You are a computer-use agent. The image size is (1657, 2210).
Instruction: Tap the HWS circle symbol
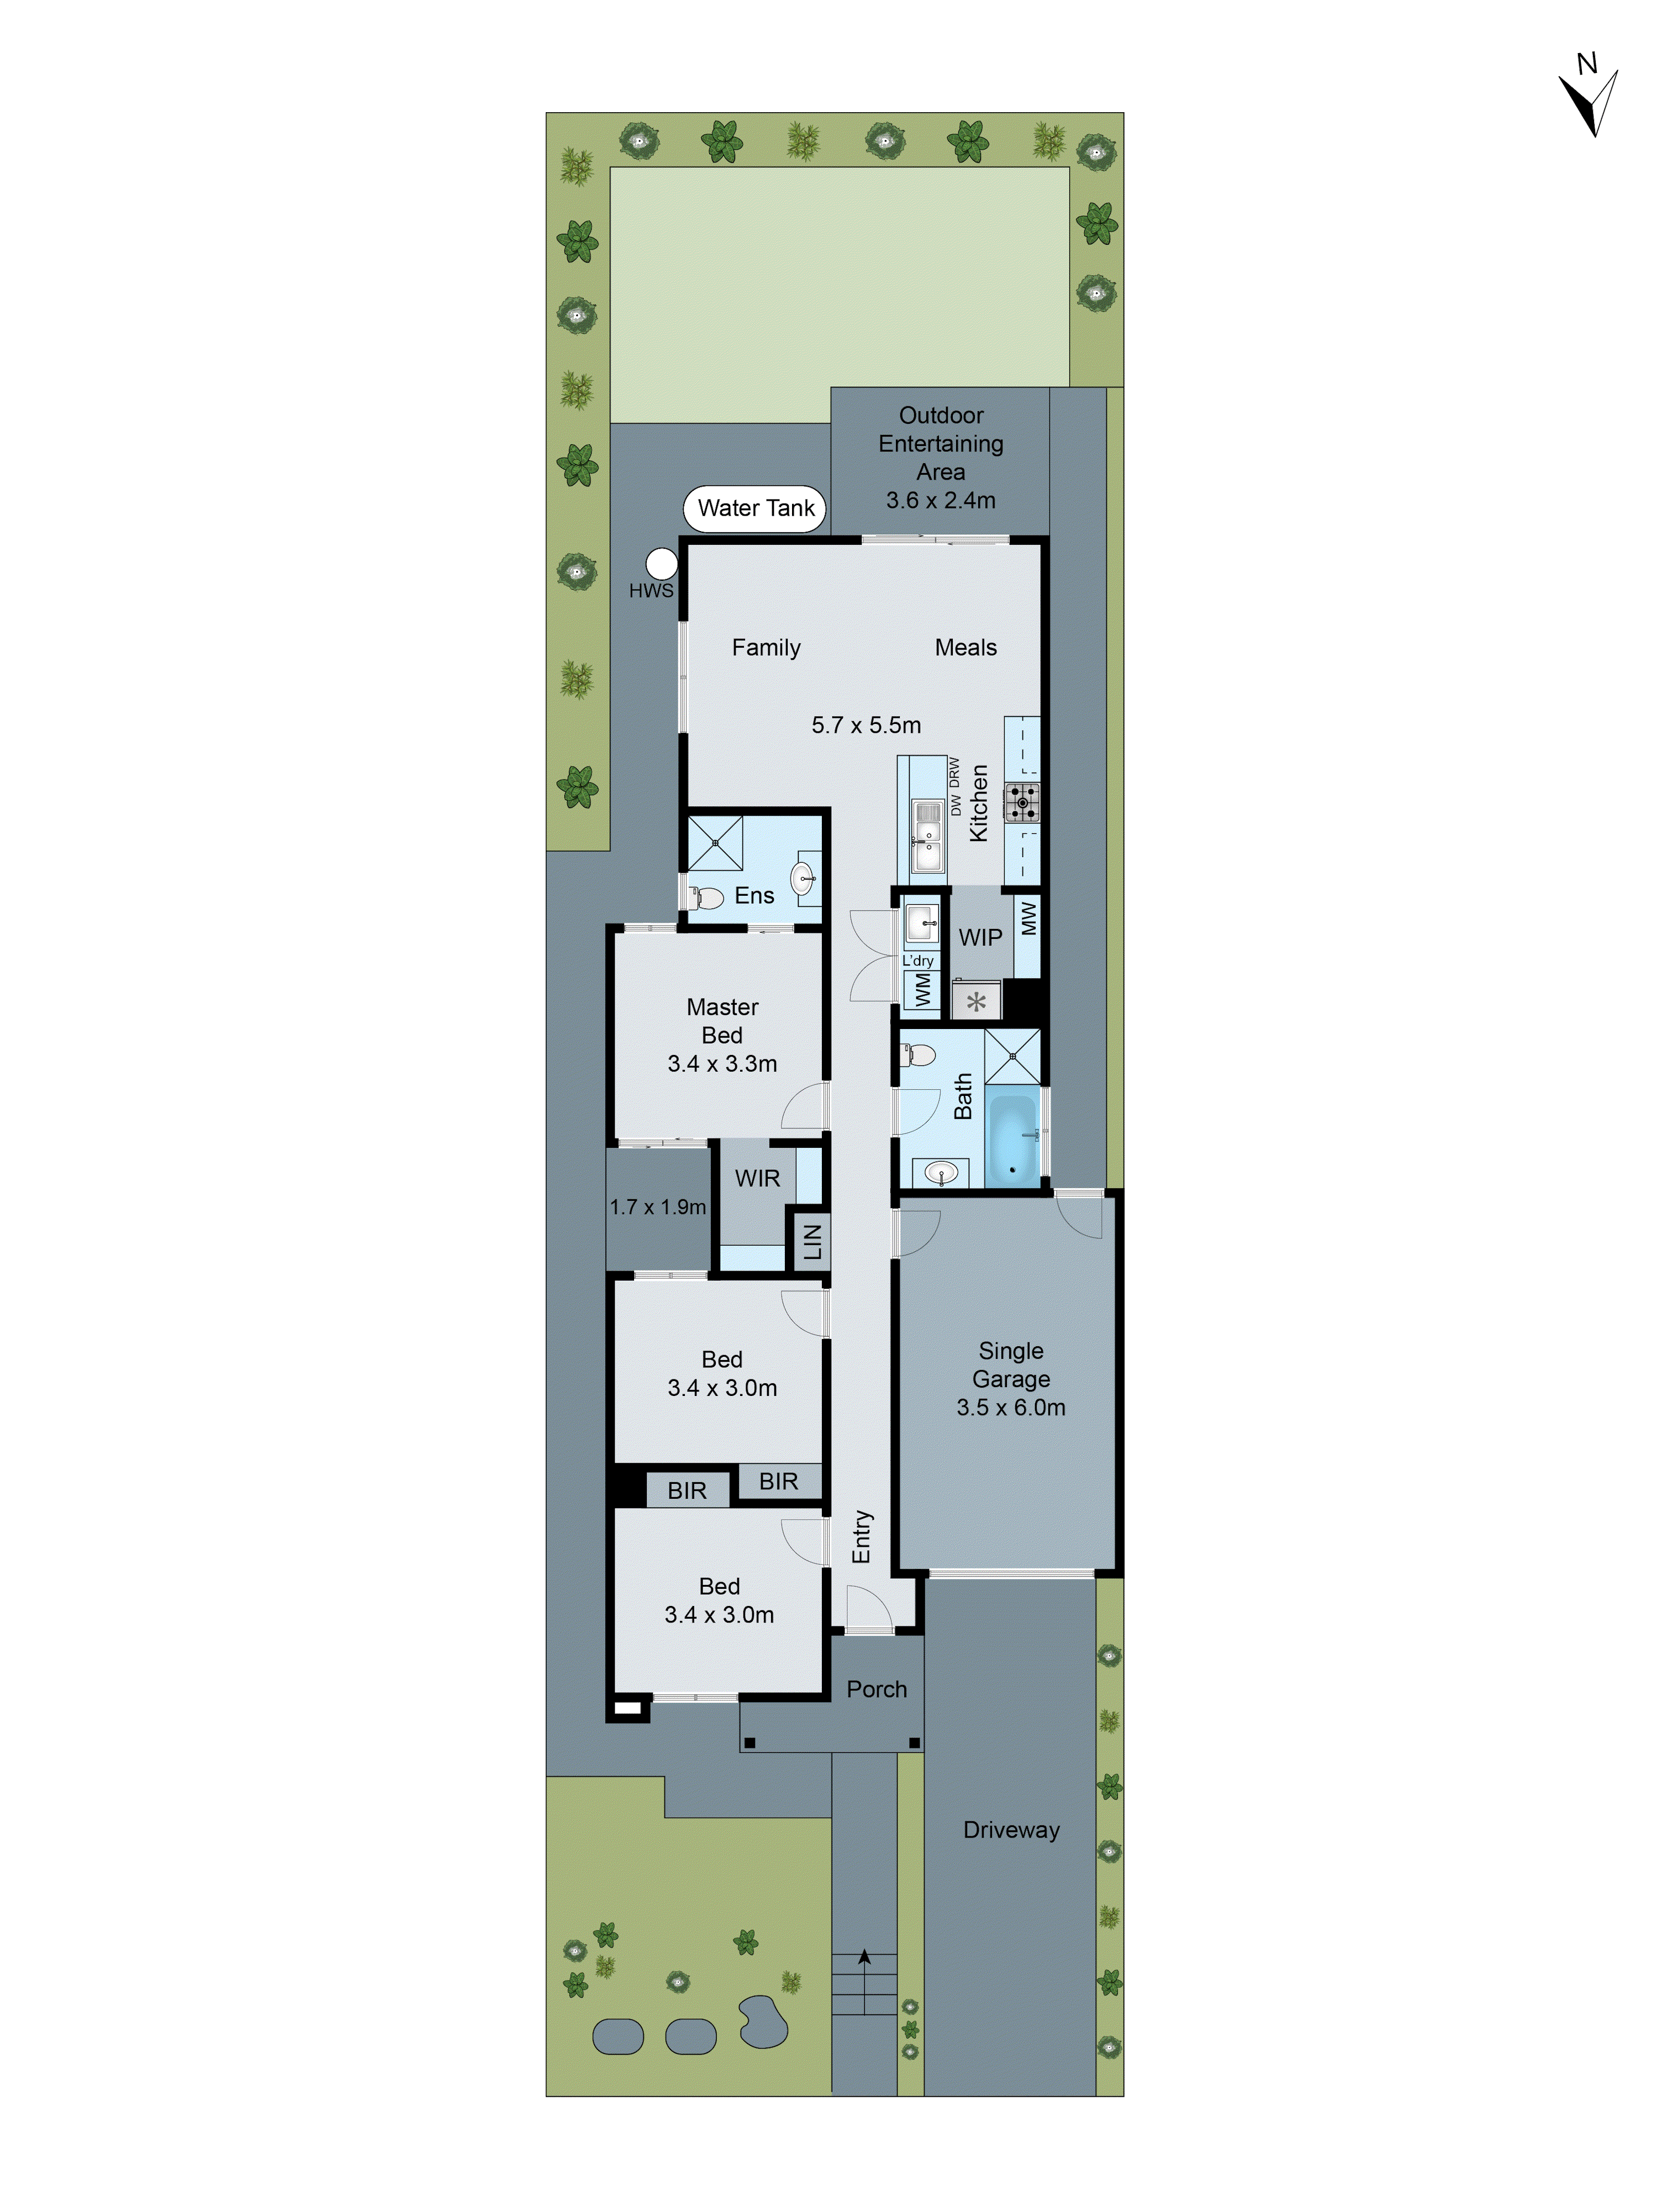(661, 564)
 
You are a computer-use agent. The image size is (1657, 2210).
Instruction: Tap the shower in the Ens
(715, 843)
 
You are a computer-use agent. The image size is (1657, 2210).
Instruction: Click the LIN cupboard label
(812, 1242)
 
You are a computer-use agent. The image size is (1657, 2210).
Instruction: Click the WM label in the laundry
(922, 991)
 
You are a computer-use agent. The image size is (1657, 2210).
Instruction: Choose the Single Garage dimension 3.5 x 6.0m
(1011, 1408)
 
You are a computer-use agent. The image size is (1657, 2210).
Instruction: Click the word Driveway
(1011, 1830)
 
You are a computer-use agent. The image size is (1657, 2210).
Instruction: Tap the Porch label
(876, 1689)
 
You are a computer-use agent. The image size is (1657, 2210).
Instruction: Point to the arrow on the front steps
(864, 1958)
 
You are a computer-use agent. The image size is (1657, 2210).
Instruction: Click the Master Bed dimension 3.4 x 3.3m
(722, 1064)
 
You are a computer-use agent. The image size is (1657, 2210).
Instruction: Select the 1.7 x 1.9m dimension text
(657, 1207)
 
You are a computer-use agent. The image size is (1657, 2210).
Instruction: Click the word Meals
(965, 647)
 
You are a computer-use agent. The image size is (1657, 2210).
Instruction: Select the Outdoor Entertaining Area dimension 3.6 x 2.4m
(940, 501)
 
